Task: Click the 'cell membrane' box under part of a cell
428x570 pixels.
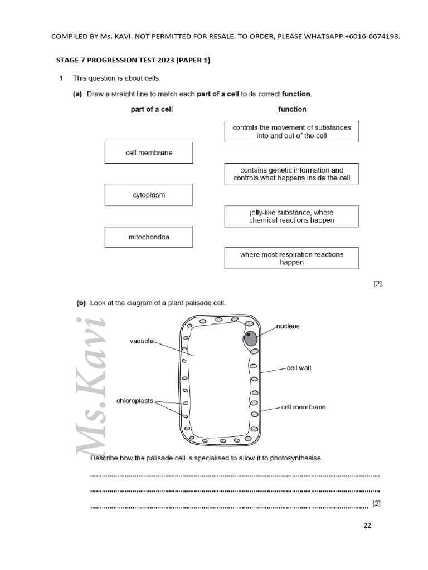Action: [148, 153]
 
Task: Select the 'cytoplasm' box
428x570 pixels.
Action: [148, 195]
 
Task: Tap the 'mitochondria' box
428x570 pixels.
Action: [148, 237]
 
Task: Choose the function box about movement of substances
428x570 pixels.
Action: [291, 131]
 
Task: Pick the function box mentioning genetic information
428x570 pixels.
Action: [291, 174]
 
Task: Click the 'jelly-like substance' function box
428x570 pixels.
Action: [291, 216]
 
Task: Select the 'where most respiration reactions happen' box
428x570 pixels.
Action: [291, 258]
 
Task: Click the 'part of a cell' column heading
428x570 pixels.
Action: [152, 110]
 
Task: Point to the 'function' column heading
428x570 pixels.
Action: [292, 110]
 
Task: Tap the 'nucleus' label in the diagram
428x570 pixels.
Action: [288, 326]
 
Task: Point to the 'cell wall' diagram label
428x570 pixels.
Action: [299, 368]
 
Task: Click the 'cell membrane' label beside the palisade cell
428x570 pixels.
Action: [303, 407]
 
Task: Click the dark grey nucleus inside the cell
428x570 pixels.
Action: [251, 338]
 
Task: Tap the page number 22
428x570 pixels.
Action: [367, 525]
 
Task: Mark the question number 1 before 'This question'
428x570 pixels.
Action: [61, 78]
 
